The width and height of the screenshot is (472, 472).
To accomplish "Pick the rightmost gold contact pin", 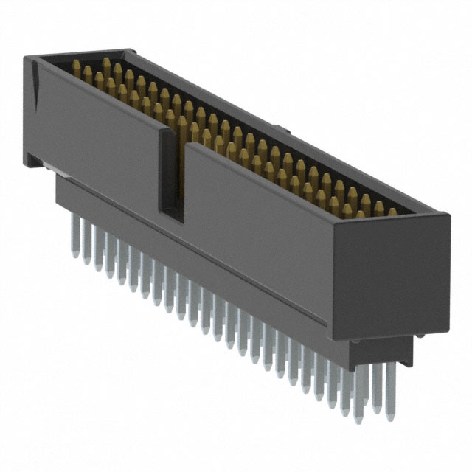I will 392,212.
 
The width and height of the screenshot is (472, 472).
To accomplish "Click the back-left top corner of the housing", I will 133,50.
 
